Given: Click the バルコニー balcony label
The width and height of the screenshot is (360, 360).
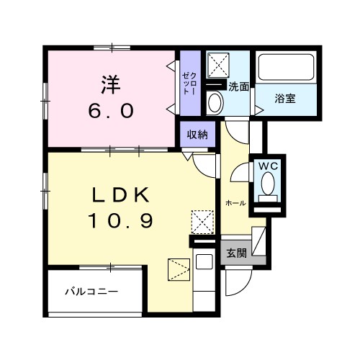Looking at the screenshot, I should pyautogui.click(x=91, y=292).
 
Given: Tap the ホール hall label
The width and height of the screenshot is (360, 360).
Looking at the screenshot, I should pyautogui.click(x=235, y=203).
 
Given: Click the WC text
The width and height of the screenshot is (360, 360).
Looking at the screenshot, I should pyautogui.click(x=268, y=166).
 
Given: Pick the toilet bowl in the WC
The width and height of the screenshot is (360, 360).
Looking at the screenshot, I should pyautogui.click(x=269, y=186).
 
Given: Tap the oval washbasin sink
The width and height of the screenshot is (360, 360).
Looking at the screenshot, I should pyautogui.click(x=215, y=102).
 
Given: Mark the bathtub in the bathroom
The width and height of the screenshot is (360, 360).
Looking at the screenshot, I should pyautogui.click(x=286, y=70).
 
